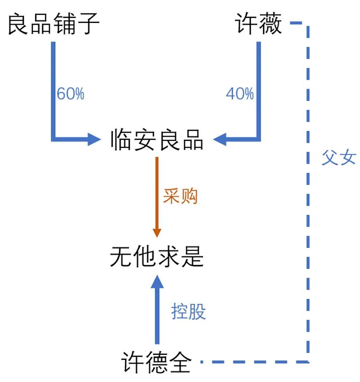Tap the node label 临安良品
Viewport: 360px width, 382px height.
tap(157, 140)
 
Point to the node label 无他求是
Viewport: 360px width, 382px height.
tap(157, 257)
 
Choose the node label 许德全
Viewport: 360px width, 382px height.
tap(157, 362)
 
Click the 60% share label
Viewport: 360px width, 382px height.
tap(70, 94)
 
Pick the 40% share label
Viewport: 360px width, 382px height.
tap(239, 94)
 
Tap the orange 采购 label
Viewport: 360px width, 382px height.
tap(180, 196)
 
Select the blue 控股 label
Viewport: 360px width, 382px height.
tap(188, 311)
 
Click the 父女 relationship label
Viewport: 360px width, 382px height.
tap(338, 158)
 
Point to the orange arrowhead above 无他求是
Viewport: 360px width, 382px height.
tap(157, 232)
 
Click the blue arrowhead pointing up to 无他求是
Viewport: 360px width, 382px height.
tap(157, 282)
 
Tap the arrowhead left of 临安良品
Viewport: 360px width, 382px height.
tap(93, 139)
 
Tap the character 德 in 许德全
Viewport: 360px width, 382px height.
tap(157, 362)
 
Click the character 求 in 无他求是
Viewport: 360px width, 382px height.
tap(169, 257)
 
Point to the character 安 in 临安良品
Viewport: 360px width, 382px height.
tap(145, 140)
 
